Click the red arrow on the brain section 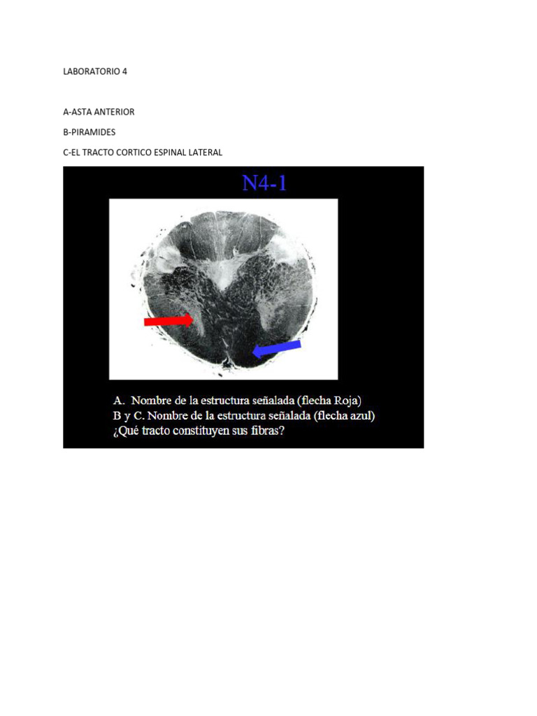[169, 320]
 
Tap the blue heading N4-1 [265, 183]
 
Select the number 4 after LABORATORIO [124, 71]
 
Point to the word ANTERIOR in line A [116, 112]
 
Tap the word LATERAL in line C [205, 152]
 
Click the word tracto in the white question [157, 431]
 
